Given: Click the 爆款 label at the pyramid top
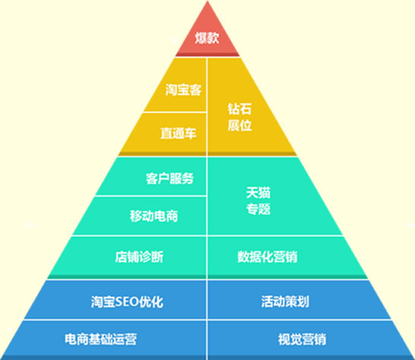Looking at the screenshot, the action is tap(207, 37).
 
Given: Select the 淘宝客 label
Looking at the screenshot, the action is tap(183, 90).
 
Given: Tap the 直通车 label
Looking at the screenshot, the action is tap(179, 133).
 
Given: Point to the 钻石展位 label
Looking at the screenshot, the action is tap(239, 117).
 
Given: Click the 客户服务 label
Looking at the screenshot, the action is tap(169, 178).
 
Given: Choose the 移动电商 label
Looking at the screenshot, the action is tap(154, 216).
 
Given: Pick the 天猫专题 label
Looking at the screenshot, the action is tap(258, 201).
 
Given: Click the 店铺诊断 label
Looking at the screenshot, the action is tap(139, 257).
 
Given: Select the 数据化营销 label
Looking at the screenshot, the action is tap(268, 257).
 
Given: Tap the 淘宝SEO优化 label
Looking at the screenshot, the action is tap(127, 302).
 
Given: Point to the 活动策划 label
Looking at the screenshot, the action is tap(285, 302).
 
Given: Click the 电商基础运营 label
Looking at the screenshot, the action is tap(100, 339).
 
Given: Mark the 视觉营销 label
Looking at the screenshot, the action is tap(302, 339).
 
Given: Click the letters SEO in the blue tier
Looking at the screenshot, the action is tap(127, 302).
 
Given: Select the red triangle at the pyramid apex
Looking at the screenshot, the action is tap(207, 29).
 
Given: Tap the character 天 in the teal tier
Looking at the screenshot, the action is tap(252, 193).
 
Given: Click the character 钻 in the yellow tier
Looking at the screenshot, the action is tap(233, 109).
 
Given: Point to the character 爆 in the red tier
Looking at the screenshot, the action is tap(201, 37).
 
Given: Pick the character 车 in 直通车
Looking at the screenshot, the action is tap(191, 133).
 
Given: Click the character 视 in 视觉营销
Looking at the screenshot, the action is tap(284, 339).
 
